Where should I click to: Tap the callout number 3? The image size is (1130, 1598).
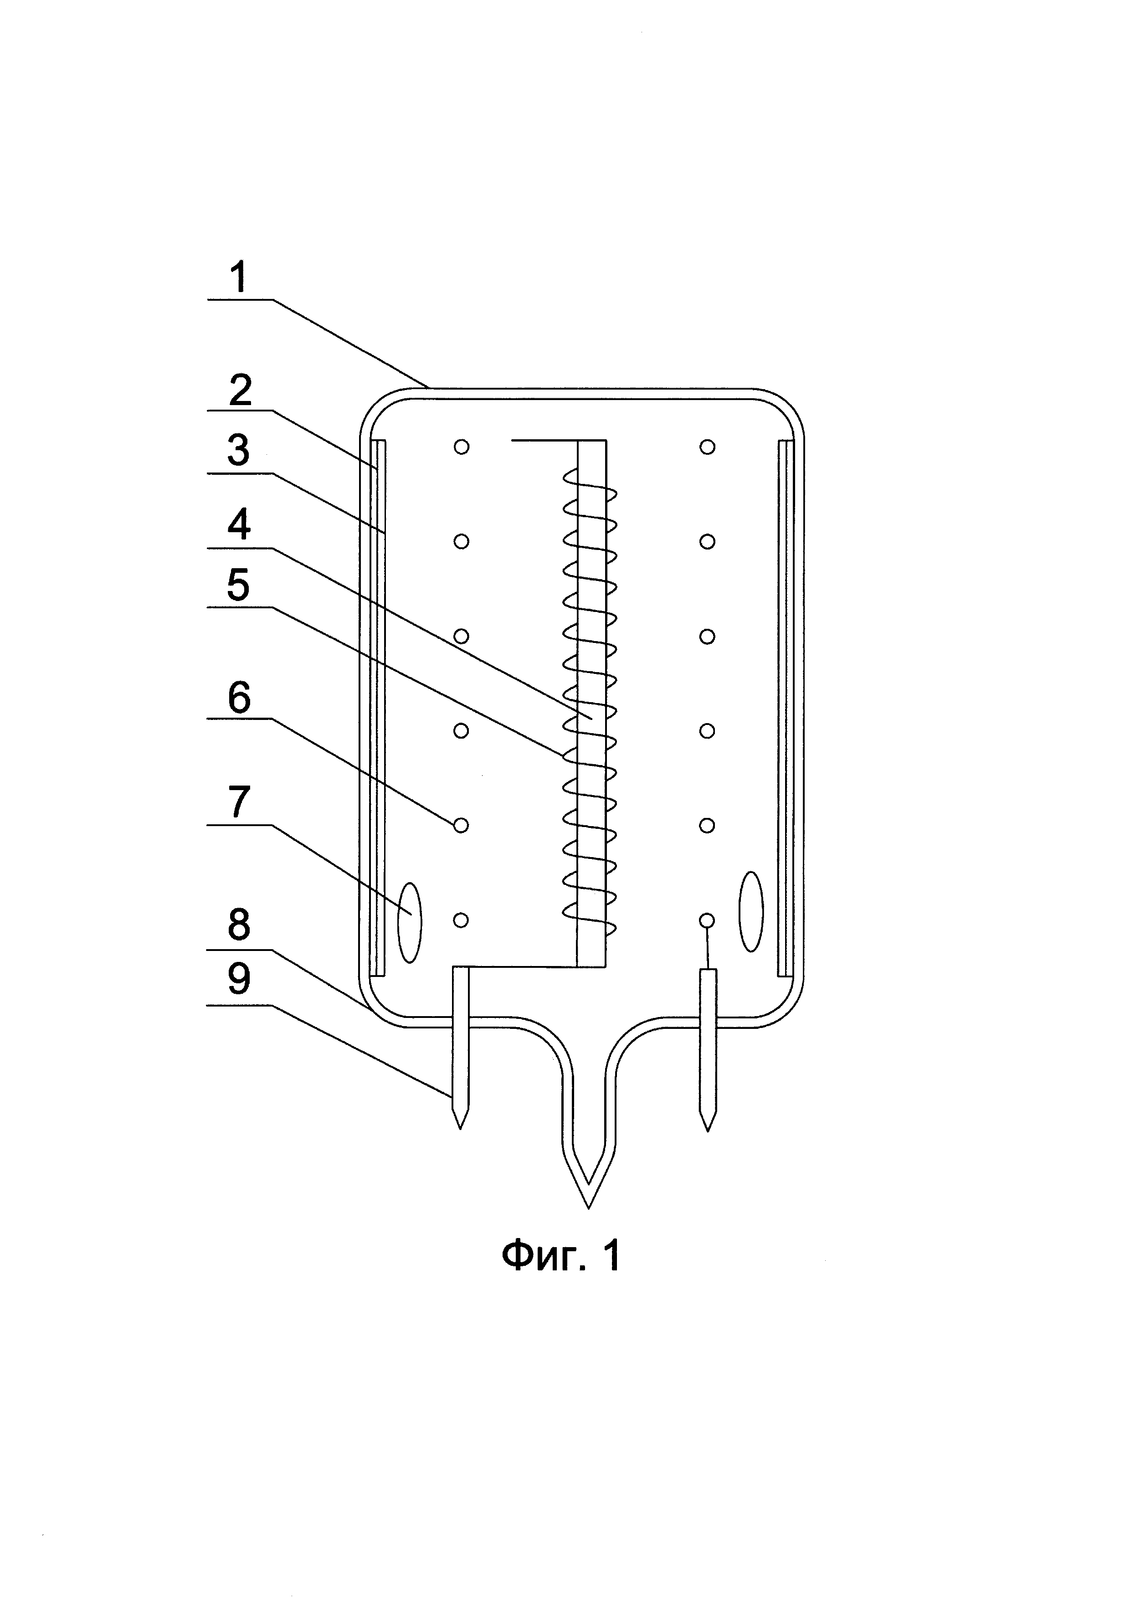point(239,450)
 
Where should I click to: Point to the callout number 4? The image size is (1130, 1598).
point(239,524)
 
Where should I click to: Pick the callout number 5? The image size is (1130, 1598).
point(238,585)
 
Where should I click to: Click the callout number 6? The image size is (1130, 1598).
point(239,697)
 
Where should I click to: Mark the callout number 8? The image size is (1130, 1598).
point(239,925)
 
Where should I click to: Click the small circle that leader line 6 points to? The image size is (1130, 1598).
point(461,826)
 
